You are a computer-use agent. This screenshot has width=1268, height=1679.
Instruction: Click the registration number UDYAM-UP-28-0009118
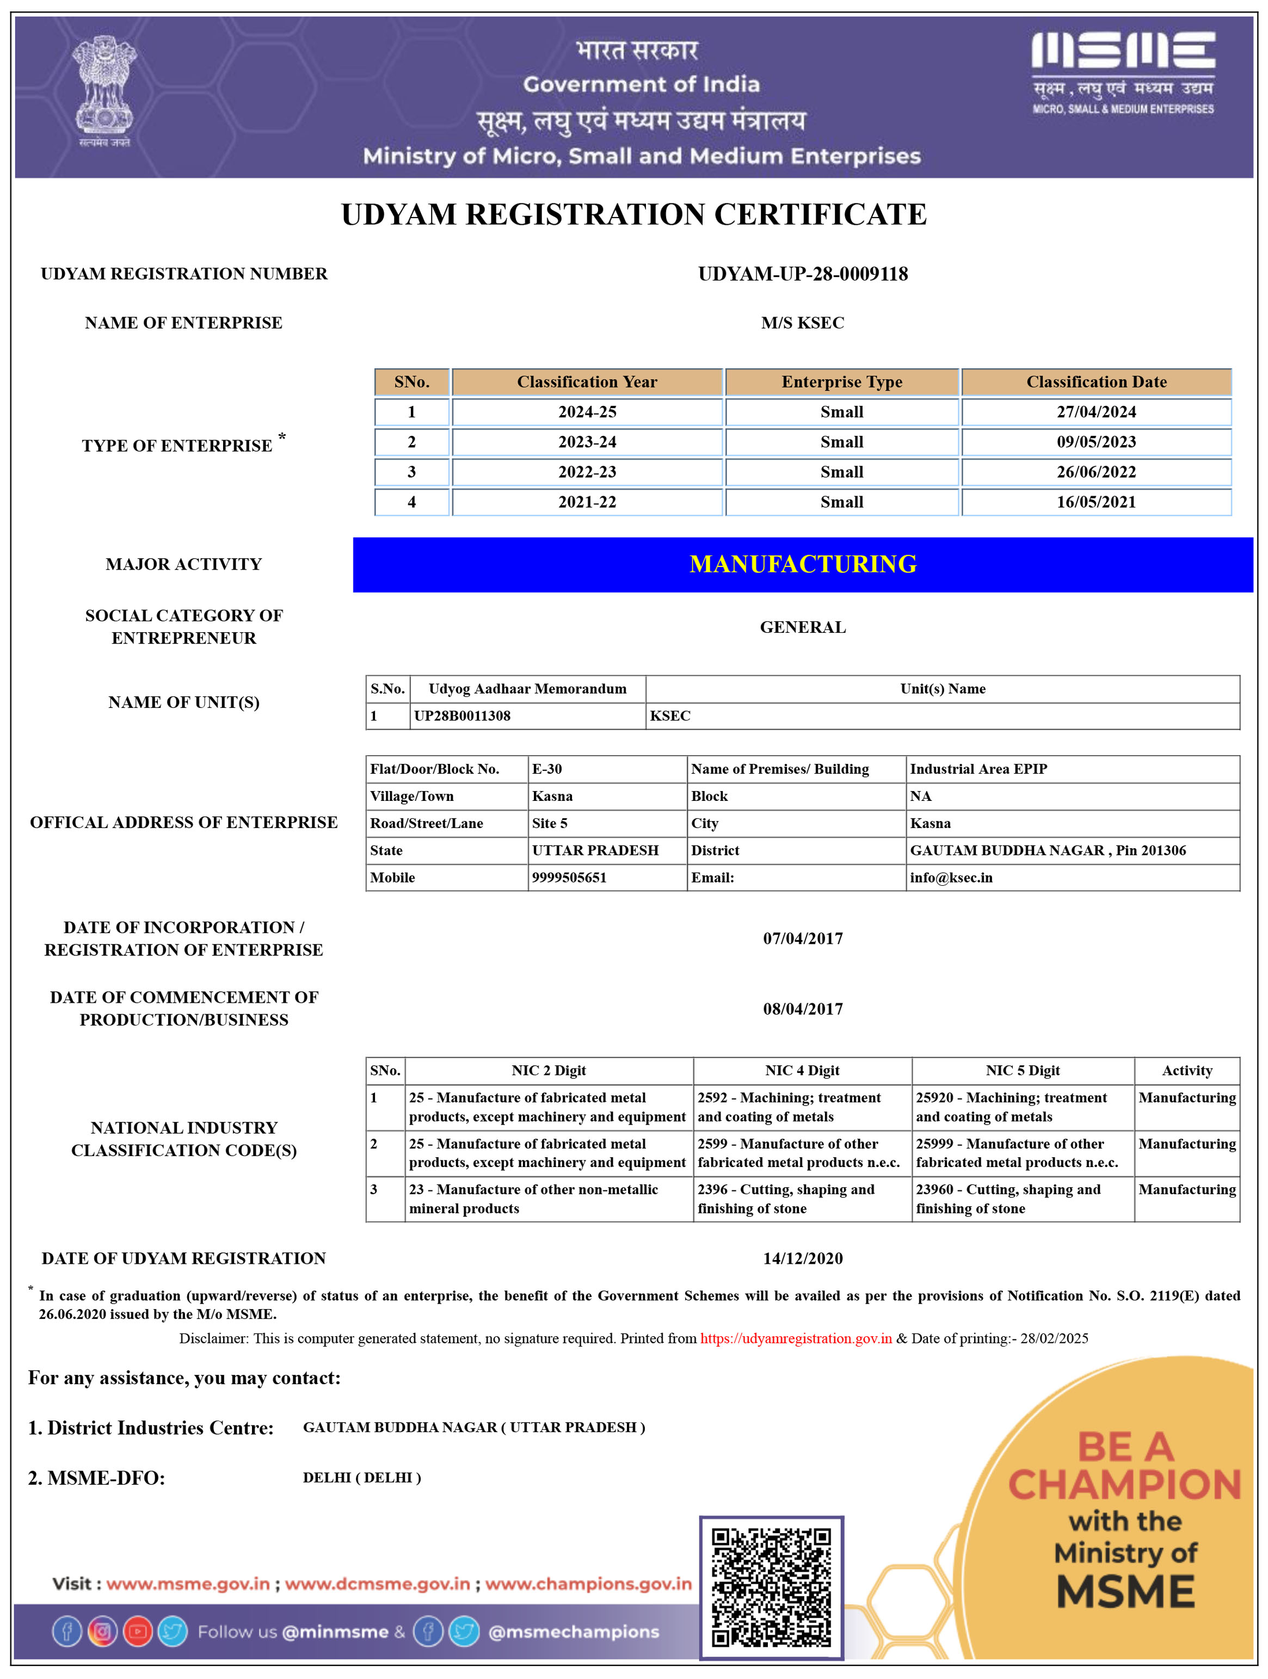click(803, 274)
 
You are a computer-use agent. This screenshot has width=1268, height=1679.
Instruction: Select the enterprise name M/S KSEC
click(803, 323)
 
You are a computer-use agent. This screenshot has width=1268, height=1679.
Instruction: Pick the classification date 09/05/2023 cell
click(1095, 442)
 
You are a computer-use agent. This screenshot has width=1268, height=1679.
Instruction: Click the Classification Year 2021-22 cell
click(587, 502)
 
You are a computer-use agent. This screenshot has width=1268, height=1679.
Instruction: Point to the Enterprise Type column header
click(841, 382)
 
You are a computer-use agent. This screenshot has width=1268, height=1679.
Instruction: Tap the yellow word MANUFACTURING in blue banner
click(803, 564)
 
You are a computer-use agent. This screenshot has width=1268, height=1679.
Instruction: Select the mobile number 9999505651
click(569, 878)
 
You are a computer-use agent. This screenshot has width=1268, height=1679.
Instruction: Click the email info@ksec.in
click(951, 878)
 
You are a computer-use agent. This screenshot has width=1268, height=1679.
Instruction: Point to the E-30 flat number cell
click(547, 769)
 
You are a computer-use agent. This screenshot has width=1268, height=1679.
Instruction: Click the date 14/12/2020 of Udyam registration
click(803, 1258)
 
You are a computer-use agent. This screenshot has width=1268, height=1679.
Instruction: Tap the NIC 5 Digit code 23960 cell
click(1007, 1199)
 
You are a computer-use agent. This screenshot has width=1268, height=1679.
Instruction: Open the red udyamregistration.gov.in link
click(795, 1338)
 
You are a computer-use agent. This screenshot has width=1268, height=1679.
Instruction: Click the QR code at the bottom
click(771, 1587)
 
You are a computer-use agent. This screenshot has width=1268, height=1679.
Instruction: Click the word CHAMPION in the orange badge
click(1124, 1485)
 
